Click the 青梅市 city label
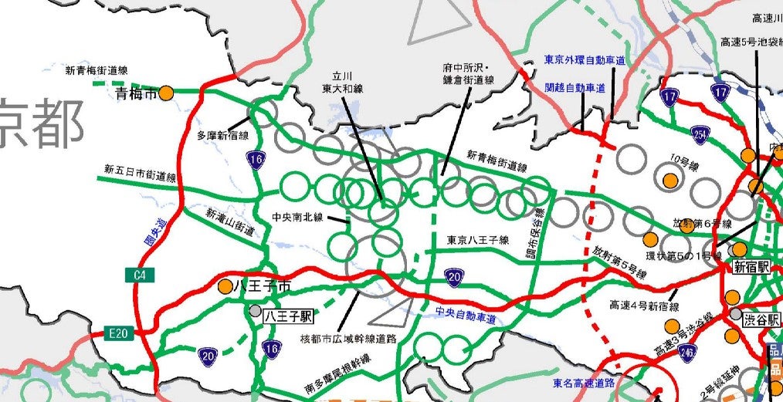coord(135,94)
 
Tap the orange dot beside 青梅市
coord(166,93)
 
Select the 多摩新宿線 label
coord(222,135)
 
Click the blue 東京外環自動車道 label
coord(585,59)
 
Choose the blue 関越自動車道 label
coord(575,88)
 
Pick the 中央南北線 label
coord(297,217)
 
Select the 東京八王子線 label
coord(478,240)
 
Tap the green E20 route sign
coord(117,333)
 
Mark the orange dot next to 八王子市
coord(225,286)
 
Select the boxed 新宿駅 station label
coord(752,267)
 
